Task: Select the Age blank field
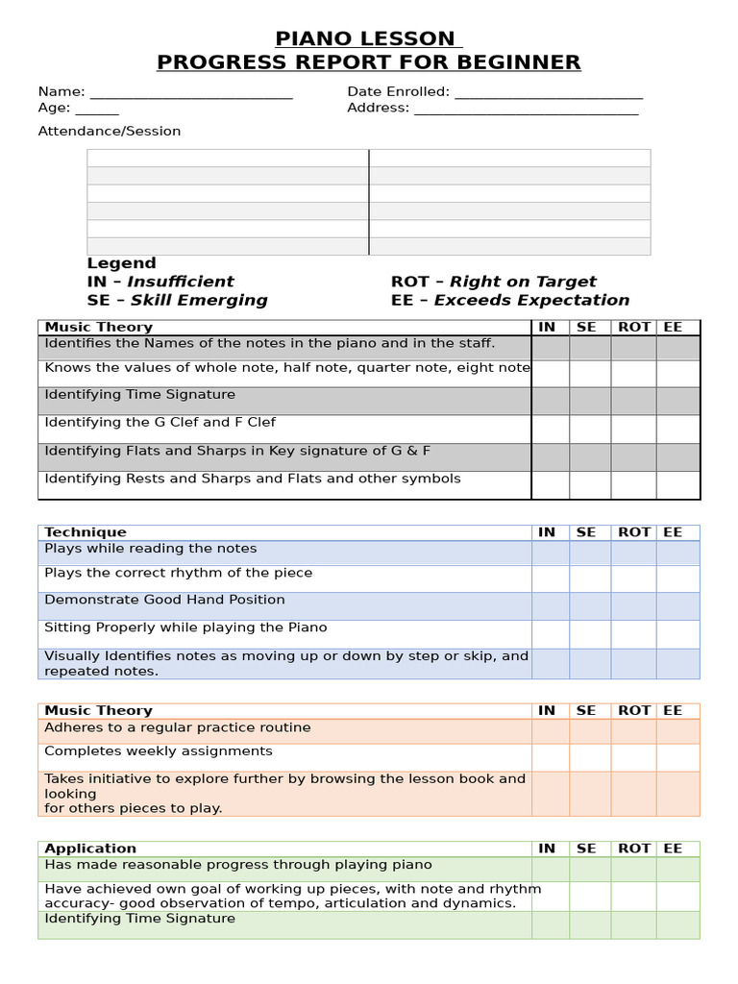point(96,110)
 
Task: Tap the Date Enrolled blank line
point(548,94)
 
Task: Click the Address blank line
point(526,110)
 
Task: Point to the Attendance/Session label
point(110,131)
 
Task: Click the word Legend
point(121,263)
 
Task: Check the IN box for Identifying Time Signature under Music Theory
point(551,401)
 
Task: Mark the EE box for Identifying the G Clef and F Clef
point(678,429)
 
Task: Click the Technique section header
point(86,532)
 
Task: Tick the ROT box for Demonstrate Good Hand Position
point(634,605)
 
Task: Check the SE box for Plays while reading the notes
point(590,553)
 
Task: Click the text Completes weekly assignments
point(159,751)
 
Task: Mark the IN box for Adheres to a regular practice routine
point(551,731)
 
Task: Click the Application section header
point(90,849)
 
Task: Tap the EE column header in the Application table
point(673,849)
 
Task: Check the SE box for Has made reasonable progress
point(590,869)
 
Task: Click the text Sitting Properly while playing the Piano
point(185,627)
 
